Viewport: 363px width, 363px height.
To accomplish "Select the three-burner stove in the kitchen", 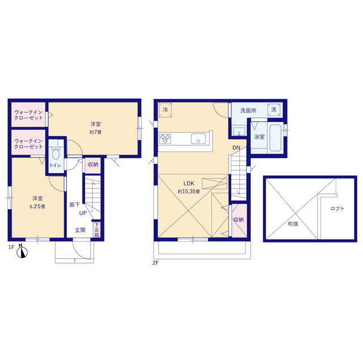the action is pyautogui.click(x=165, y=138).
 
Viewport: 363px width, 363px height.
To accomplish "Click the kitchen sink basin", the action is pyautogui.click(x=198, y=138).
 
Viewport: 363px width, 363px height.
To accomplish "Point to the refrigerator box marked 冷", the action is pyautogui.click(x=165, y=109).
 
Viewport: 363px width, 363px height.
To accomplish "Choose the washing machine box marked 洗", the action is pyautogui.click(x=274, y=109).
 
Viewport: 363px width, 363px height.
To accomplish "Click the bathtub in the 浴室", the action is pyautogui.click(x=276, y=138).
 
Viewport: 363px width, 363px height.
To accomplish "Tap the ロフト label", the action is pyautogui.click(x=337, y=209).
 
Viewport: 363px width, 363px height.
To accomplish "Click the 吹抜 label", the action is pyautogui.click(x=293, y=223).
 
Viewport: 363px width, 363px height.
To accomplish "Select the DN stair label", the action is pyautogui.click(x=237, y=147).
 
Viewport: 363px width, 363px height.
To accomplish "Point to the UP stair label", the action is pyautogui.click(x=83, y=213).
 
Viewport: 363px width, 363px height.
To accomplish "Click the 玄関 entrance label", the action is pyautogui.click(x=80, y=230).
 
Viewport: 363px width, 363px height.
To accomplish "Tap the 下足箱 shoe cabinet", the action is pyautogui.click(x=97, y=230).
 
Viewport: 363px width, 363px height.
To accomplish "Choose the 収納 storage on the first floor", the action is pyautogui.click(x=93, y=165).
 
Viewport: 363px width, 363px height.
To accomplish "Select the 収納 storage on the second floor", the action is pyautogui.click(x=239, y=221).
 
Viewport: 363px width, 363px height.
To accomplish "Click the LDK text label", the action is pyautogui.click(x=189, y=184).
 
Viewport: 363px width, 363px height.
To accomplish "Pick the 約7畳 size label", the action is pyautogui.click(x=96, y=132).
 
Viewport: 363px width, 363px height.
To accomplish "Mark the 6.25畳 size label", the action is pyautogui.click(x=37, y=206).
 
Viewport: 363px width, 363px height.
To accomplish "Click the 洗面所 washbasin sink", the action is pyautogui.click(x=239, y=131).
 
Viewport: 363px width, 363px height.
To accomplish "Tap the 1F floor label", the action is pyautogui.click(x=11, y=247).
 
